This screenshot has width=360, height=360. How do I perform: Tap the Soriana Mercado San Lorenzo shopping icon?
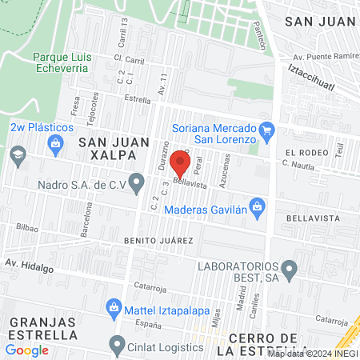point(267,129)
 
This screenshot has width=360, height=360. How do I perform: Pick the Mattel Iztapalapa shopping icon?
point(114,306)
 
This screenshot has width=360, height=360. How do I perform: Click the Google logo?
point(26,350)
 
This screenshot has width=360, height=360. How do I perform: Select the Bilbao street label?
point(26,227)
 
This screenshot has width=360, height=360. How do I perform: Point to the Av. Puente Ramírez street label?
point(324,58)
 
